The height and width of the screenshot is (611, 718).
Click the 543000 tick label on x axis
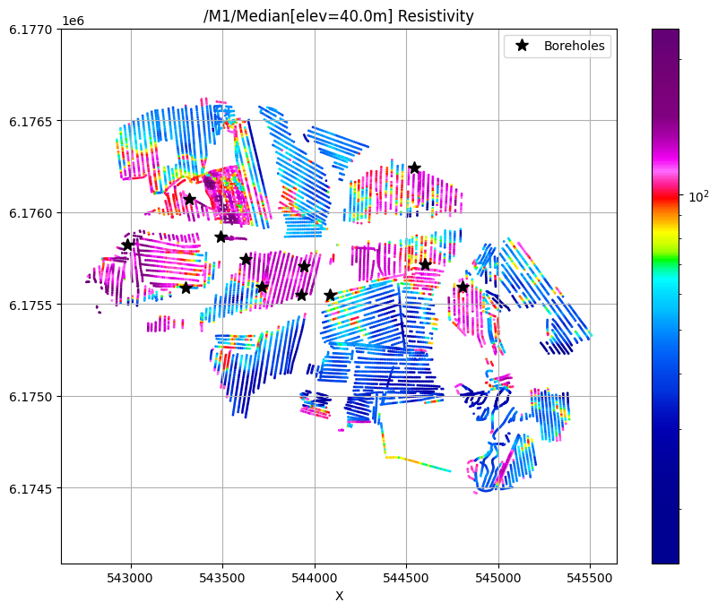(x=131, y=578)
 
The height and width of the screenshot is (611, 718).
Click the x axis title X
(x=339, y=596)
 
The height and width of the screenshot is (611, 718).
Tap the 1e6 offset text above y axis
(x=74, y=19)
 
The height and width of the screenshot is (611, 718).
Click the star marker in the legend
(x=521, y=46)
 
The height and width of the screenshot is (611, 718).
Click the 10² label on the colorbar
(x=696, y=194)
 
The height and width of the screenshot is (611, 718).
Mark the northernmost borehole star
(x=415, y=168)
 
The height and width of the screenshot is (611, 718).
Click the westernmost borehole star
(x=127, y=244)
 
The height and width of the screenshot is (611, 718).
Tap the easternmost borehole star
(x=463, y=287)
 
